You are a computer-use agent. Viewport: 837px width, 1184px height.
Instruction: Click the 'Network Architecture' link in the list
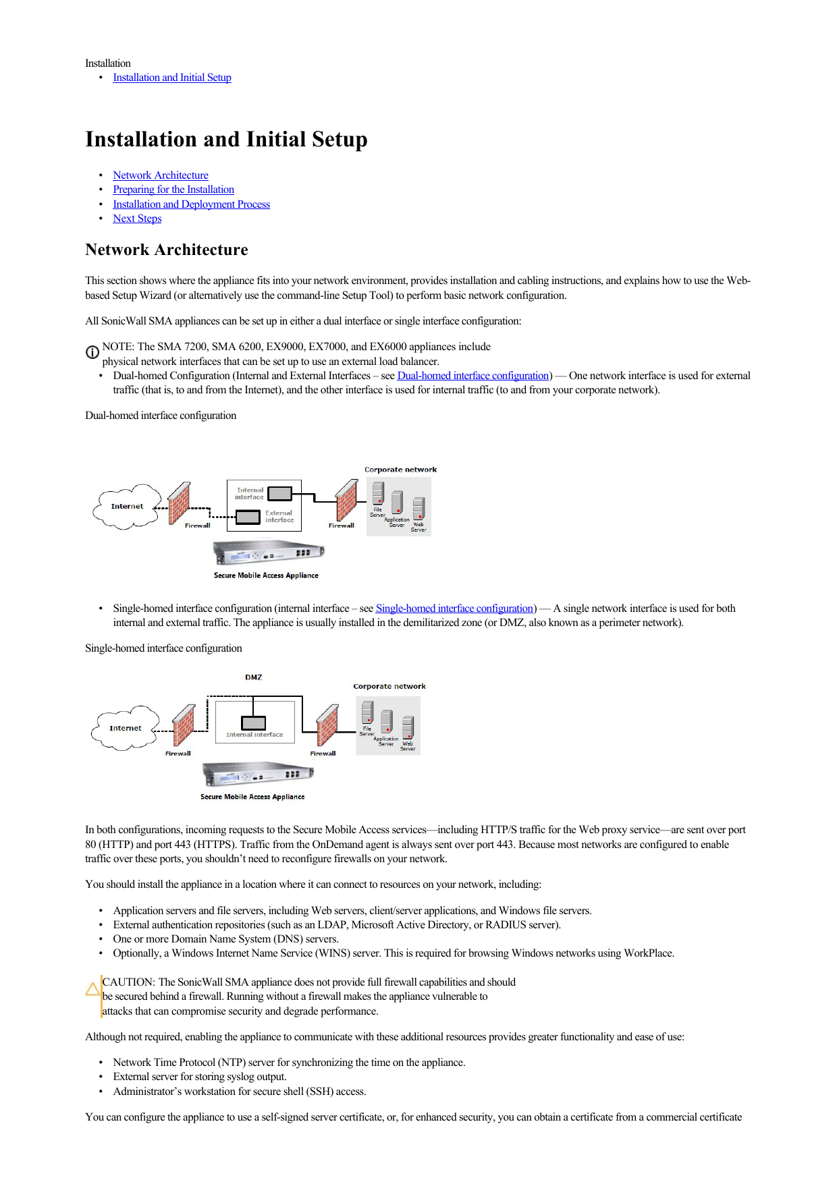(x=161, y=175)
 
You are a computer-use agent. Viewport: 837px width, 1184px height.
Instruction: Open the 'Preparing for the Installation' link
(x=173, y=190)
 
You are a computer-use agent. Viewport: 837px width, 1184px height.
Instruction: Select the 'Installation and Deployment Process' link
(x=191, y=204)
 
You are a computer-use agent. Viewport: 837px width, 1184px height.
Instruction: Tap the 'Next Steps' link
(x=137, y=219)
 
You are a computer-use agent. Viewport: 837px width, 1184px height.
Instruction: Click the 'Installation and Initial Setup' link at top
(x=172, y=78)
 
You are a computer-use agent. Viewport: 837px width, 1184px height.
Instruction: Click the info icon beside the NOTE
(x=92, y=352)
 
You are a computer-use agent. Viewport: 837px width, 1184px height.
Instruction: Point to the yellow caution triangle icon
(x=92, y=989)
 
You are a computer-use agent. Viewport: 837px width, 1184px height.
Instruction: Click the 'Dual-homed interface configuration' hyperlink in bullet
(x=473, y=376)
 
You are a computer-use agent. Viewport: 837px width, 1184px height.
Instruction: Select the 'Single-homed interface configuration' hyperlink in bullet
(x=454, y=609)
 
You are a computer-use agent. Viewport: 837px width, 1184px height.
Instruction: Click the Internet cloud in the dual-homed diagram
(x=127, y=506)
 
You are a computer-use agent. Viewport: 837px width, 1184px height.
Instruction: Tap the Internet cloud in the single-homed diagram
(x=126, y=728)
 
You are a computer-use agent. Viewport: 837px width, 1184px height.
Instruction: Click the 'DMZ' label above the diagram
(x=254, y=677)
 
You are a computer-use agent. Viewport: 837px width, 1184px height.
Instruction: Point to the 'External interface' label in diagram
(x=279, y=517)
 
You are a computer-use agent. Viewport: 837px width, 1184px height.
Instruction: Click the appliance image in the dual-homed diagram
(x=268, y=553)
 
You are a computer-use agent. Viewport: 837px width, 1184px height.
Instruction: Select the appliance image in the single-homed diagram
(x=258, y=774)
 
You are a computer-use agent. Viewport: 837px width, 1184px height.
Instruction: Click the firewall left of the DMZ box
(x=184, y=726)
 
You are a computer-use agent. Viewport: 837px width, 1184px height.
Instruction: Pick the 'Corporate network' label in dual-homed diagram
(x=400, y=470)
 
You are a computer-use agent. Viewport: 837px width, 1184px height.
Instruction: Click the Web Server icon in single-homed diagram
(x=408, y=729)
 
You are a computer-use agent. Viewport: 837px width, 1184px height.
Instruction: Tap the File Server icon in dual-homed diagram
(x=378, y=494)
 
